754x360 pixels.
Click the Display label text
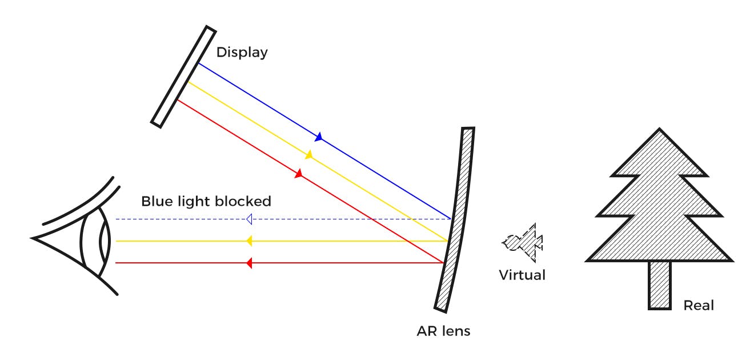coord(242,53)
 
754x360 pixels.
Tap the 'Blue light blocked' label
coord(206,202)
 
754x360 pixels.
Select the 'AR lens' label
coord(444,331)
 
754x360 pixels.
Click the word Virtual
coord(522,275)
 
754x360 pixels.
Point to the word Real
coord(699,306)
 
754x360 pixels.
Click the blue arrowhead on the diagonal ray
coord(319,137)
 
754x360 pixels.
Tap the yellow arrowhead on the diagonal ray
coord(309,155)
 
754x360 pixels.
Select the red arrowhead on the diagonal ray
coord(298,174)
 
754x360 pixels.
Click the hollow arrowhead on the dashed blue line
coord(249,219)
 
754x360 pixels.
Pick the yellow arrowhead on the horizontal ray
coord(249,241)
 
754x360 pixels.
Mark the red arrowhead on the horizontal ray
coord(249,263)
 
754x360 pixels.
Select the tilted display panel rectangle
coord(183,75)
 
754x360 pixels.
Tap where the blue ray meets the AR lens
coord(451,218)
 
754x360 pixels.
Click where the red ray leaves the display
coord(178,100)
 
